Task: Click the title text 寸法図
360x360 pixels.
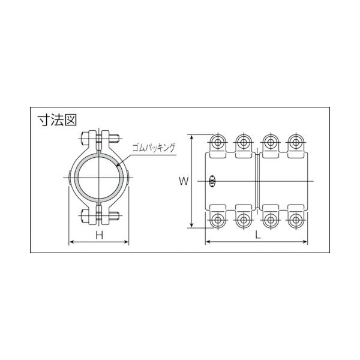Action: (57, 120)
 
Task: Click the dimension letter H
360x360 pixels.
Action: (100, 235)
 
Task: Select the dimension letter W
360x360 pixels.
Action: (184, 181)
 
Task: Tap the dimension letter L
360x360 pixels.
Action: (258, 235)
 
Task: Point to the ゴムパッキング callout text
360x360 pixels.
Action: (154, 148)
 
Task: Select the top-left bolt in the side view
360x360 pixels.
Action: (218, 142)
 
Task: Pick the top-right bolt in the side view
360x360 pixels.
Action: (296, 142)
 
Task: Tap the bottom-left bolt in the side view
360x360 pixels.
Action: (218, 220)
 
